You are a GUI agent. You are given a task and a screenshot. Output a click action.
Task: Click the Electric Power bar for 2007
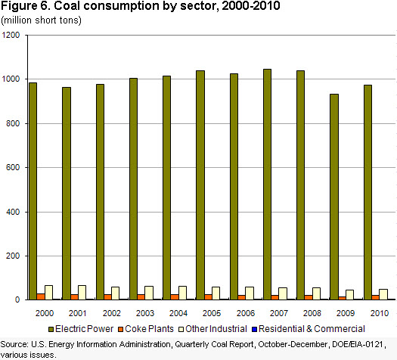(x=267, y=185)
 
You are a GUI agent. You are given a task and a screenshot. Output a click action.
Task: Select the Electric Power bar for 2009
(x=334, y=197)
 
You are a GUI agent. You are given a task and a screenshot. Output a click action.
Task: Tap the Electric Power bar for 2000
(x=33, y=191)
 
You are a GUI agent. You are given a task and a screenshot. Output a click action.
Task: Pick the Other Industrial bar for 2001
(x=82, y=293)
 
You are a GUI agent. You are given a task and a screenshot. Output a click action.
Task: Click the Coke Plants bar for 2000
(x=41, y=296)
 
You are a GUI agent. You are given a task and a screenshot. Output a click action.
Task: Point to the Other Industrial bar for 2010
(x=383, y=294)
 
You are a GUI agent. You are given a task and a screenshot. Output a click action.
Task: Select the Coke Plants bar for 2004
(x=175, y=297)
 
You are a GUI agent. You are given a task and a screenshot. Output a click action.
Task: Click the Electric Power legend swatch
(x=51, y=329)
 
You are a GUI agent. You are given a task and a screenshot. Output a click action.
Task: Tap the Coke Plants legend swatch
(x=120, y=329)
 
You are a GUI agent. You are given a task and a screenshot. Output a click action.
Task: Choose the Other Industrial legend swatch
(x=181, y=329)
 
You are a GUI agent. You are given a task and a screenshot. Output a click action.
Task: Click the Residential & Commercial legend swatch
(x=254, y=329)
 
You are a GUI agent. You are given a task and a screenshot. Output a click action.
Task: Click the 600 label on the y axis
(x=13, y=167)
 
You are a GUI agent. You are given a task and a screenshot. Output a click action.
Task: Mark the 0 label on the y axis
(x=17, y=299)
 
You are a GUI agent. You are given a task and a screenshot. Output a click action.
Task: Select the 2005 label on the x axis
(x=212, y=313)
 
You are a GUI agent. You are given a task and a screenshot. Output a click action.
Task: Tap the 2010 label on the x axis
(x=380, y=313)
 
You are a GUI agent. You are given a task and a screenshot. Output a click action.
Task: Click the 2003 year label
(x=145, y=313)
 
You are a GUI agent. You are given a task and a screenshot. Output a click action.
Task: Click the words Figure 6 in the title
(x=26, y=6)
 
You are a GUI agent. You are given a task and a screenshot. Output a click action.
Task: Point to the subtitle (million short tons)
(x=42, y=20)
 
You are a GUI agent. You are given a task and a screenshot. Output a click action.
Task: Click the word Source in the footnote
(x=14, y=344)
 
